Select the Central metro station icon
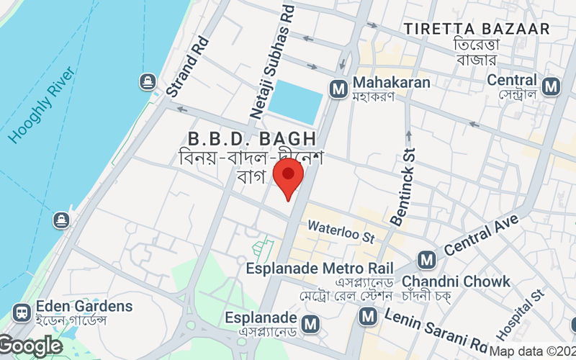coord(552,87)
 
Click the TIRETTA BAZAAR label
coord(477,30)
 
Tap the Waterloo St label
coord(341,231)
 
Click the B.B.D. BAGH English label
coord(251,138)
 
